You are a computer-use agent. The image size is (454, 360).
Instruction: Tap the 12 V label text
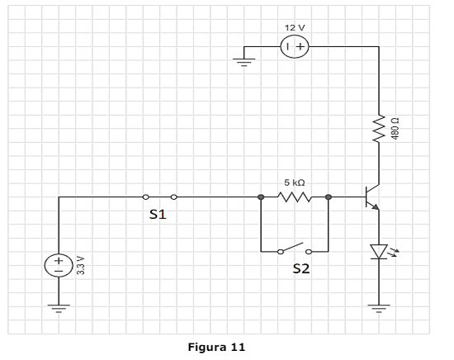(x=295, y=28)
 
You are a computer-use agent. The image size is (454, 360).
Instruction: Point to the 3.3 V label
(x=81, y=265)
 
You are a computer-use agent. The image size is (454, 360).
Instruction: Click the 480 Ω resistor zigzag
(x=379, y=129)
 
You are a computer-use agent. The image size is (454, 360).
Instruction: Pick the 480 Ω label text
(x=395, y=129)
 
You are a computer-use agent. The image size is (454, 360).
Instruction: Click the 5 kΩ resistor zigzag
(x=295, y=197)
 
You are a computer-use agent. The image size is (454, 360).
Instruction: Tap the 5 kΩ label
(x=295, y=182)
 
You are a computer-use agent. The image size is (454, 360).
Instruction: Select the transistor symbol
(x=372, y=197)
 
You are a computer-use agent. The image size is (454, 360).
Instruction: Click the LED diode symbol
(x=380, y=251)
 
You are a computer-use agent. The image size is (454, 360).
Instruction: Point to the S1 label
(x=158, y=215)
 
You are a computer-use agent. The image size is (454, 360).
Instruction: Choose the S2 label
(x=301, y=269)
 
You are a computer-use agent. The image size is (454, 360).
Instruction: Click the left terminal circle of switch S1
(x=145, y=197)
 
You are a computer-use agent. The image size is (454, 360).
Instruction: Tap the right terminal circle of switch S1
(x=173, y=197)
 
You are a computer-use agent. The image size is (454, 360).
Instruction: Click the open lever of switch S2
(x=292, y=247)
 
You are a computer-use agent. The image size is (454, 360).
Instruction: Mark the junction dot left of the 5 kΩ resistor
(x=261, y=197)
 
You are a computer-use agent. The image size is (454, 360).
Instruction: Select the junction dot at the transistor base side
(x=328, y=197)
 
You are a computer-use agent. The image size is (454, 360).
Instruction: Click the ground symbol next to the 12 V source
(x=244, y=62)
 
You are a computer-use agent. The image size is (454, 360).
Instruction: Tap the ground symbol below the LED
(x=379, y=309)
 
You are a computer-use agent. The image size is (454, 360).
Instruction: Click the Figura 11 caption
(x=216, y=347)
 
